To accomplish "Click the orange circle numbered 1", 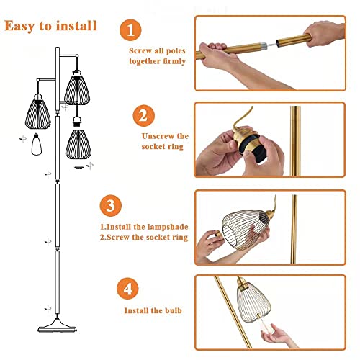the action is pos(130,30).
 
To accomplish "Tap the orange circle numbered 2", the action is pos(143,116).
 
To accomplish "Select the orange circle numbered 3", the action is pos(111,206).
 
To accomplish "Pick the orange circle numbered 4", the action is pos(127,289).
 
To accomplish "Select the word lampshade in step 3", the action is pos(168,227).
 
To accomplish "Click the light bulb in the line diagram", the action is pos(37,145).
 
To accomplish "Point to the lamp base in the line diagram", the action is pos(57,325).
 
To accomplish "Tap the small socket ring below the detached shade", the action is pos(78,168).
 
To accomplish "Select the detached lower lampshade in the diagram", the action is pos(78,145).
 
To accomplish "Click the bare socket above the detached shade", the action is pos(78,122).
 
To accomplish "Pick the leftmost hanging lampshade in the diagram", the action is pos(38,112).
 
